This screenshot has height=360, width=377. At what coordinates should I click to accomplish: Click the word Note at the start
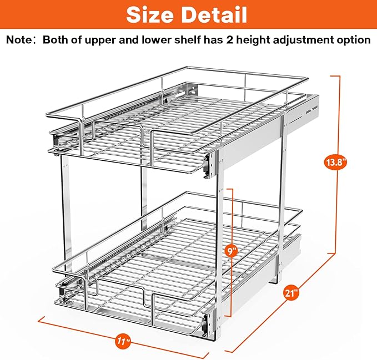pos(21,40)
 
